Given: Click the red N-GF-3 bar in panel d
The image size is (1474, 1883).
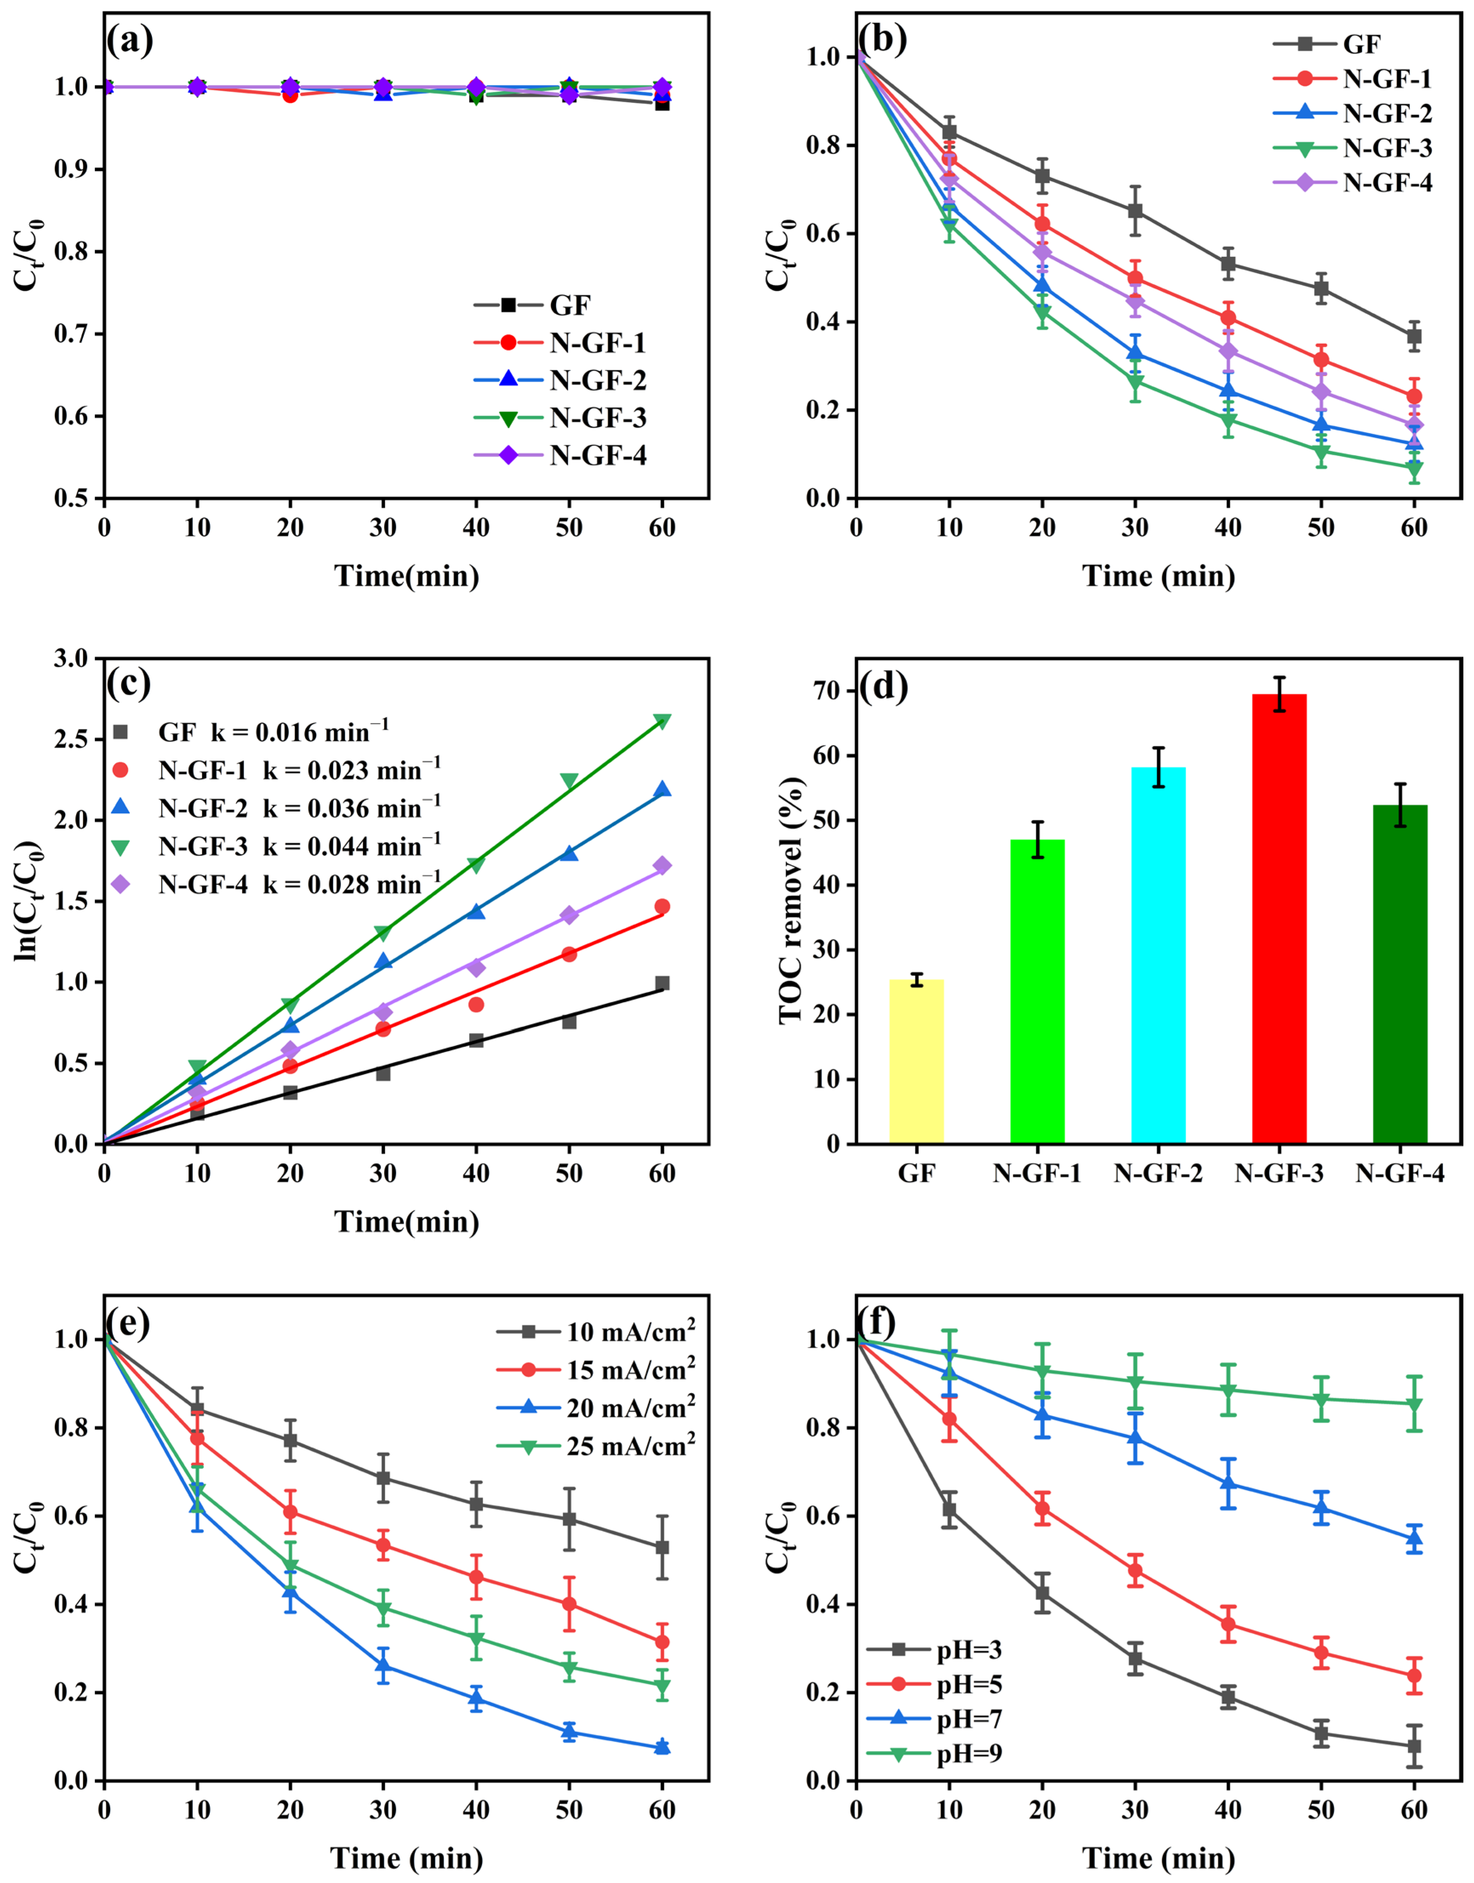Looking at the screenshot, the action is click(x=1279, y=919).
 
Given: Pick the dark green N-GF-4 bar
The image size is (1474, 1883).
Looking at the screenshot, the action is click(x=1400, y=974).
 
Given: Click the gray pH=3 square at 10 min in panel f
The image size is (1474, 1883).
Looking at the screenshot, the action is click(x=949, y=1509).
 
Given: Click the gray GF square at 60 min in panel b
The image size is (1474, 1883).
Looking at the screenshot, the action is click(x=1414, y=336).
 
